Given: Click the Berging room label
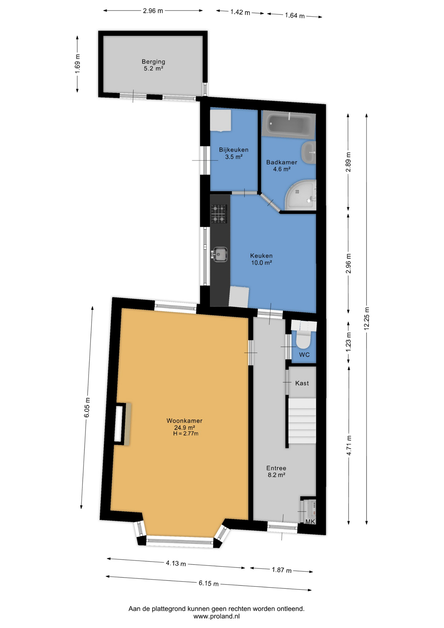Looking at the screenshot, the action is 153,61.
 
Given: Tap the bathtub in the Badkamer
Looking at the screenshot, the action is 289,125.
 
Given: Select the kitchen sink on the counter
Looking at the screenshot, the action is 220,254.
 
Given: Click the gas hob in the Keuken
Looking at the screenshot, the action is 219,214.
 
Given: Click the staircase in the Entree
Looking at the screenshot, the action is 302,421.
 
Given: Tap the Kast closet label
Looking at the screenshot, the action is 302,383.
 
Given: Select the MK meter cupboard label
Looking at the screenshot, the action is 310,521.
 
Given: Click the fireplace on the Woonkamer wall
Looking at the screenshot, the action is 122,424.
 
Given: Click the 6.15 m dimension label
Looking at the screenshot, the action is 209,583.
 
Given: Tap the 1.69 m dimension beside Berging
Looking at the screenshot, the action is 77,64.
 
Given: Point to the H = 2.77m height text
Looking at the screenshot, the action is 186,434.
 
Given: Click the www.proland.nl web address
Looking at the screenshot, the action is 216,616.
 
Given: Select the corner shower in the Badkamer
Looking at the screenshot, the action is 301,195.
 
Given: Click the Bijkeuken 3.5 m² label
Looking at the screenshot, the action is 234,153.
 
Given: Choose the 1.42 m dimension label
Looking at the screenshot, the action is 240,12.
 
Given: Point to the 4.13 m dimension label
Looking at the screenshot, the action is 176,563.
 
